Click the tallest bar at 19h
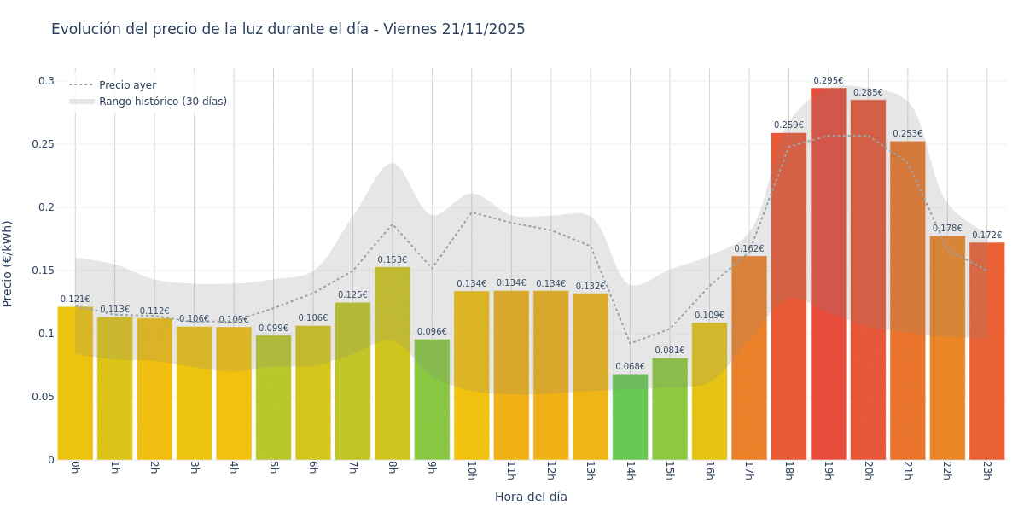[x=828, y=273]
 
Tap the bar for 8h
[x=392, y=363]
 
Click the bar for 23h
[x=986, y=351]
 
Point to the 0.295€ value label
[x=828, y=81]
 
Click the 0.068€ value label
[x=630, y=367]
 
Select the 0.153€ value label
[x=392, y=260]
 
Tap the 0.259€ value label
[x=788, y=125]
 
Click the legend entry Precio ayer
[x=127, y=85]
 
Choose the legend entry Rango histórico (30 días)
[x=162, y=102]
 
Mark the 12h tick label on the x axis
[x=550, y=471]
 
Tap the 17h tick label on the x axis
[x=748, y=471]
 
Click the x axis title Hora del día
[x=531, y=497]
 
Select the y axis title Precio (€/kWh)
[x=8, y=264]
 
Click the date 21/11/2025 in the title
[x=483, y=29]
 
